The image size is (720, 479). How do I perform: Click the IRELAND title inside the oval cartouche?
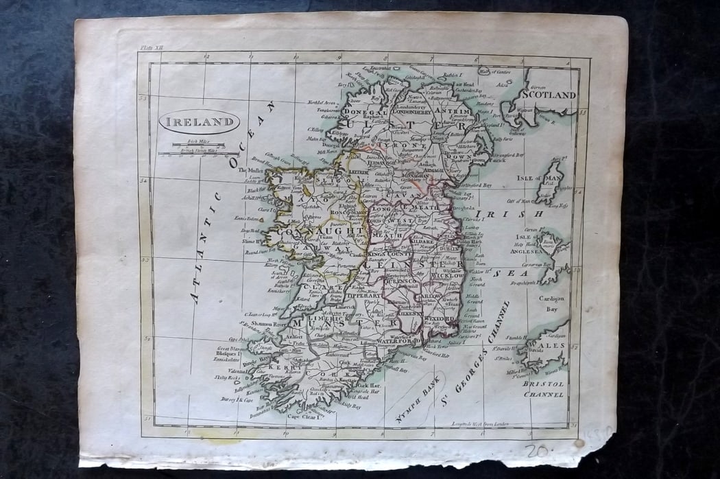[199, 123]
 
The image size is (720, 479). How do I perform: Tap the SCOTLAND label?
[549, 95]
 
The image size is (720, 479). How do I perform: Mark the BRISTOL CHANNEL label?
[543, 389]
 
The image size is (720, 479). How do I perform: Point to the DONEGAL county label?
[365, 111]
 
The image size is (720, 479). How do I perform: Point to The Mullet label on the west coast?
[252, 171]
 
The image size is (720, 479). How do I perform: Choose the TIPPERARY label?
[363, 296]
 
